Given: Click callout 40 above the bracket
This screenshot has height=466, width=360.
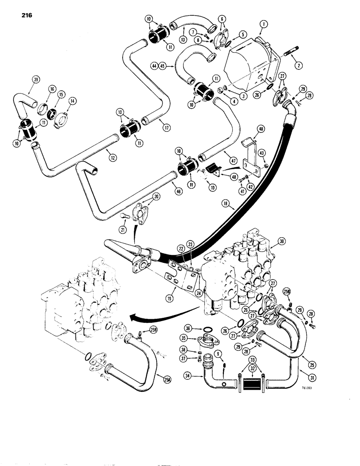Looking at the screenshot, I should click(x=261, y=128).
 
